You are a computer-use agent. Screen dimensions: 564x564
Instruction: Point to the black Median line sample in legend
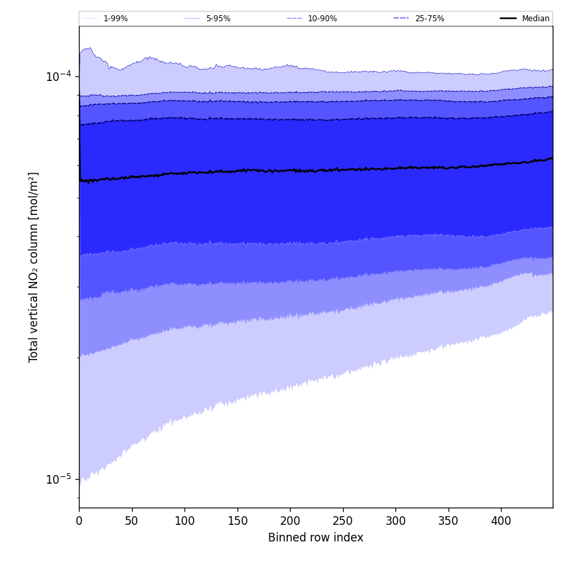(x=508, y=19)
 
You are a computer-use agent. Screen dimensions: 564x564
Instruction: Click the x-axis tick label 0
(x=79, y=522)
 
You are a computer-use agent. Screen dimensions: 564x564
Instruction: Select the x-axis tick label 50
(x=131, y=522)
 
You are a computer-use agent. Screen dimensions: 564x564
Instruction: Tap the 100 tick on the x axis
(x=184, y=522)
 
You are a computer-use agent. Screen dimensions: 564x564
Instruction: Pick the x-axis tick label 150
(x=237, y=522)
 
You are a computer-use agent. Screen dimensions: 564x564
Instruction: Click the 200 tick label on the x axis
(x=290, y=522)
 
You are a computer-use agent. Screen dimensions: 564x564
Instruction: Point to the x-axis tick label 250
(x=342, y=522)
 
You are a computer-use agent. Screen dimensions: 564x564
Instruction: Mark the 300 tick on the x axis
(x=395, y=522)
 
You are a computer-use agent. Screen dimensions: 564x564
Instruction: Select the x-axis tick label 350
(x=449, y=522)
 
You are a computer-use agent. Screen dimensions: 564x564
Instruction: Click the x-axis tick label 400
(x=501, y=522)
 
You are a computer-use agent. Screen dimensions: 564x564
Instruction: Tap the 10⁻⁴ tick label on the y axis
(x=58, y=77)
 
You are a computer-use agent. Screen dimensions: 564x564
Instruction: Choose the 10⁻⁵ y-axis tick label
(x=58, y=479)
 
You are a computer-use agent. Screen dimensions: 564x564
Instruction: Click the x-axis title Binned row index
(x=316, y=538)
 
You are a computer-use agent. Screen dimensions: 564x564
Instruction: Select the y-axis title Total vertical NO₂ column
(x=34, y=267)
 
